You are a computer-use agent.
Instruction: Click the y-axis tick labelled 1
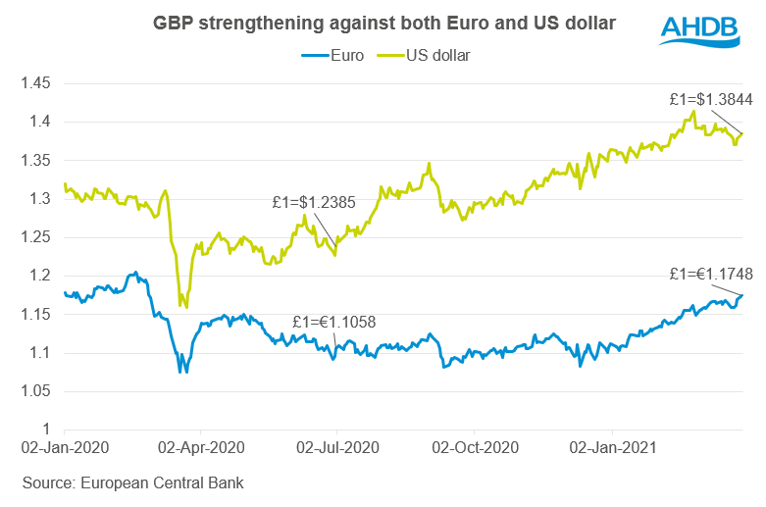[46, 430]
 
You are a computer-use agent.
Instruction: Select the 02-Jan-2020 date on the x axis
[64, 448]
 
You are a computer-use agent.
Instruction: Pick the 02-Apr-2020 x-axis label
[200, 448]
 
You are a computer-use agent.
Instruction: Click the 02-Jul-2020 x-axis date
[336, 448]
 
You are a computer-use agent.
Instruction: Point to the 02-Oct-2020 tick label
[474, 448]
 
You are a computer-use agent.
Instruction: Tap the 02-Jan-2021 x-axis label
[611, 448]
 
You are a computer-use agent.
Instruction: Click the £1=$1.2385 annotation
[313, 204]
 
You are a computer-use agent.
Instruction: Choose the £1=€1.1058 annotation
[333, 322]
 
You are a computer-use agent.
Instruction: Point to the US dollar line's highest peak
[694, 111]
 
